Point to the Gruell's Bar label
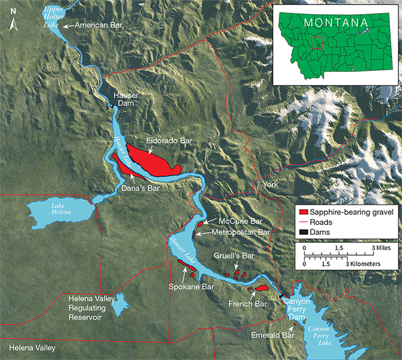coord(235,256)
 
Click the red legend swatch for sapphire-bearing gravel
coord(304,212)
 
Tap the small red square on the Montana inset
coord(318,42)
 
